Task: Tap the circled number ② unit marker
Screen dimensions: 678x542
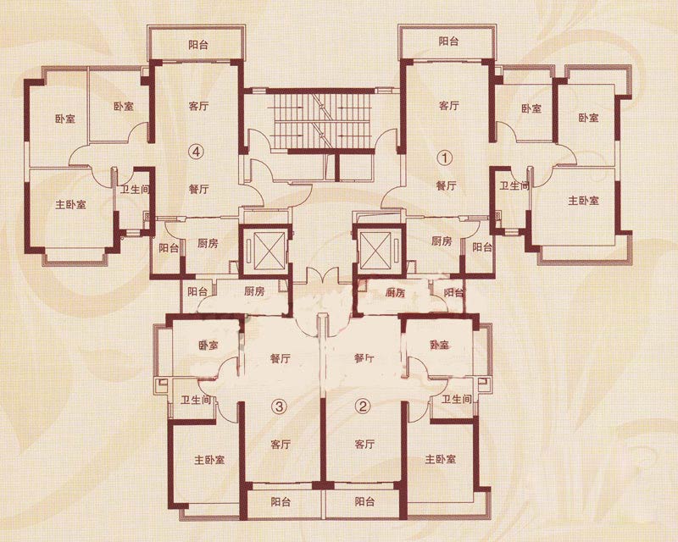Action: (363, 406)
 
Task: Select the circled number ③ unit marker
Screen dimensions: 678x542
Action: (280, 406)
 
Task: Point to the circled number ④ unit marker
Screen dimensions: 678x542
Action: (197, 152)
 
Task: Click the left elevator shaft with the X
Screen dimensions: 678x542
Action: (264, 251)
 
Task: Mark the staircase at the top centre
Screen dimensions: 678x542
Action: (322, 121)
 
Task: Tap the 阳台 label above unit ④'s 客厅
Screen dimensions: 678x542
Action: (198, 45)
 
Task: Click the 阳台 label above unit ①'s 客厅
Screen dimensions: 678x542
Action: (449, 41)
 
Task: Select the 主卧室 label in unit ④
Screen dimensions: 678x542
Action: (71, 204)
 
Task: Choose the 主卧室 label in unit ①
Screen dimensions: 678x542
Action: (584, 201)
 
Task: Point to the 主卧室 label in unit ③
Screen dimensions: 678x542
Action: (209, 460)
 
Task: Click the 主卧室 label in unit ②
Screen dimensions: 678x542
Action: (441, 459)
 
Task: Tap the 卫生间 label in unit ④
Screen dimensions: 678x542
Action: (136, 190)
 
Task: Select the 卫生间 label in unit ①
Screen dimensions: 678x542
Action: (514, 185)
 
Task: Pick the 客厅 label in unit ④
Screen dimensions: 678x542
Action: (199, 106)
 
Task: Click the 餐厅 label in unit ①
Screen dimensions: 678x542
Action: (447, 185)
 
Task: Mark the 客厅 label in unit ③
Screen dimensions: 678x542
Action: (281, 445)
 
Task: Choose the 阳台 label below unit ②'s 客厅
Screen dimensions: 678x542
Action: (364, 502)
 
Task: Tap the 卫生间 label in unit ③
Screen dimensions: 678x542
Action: (196, 401)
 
